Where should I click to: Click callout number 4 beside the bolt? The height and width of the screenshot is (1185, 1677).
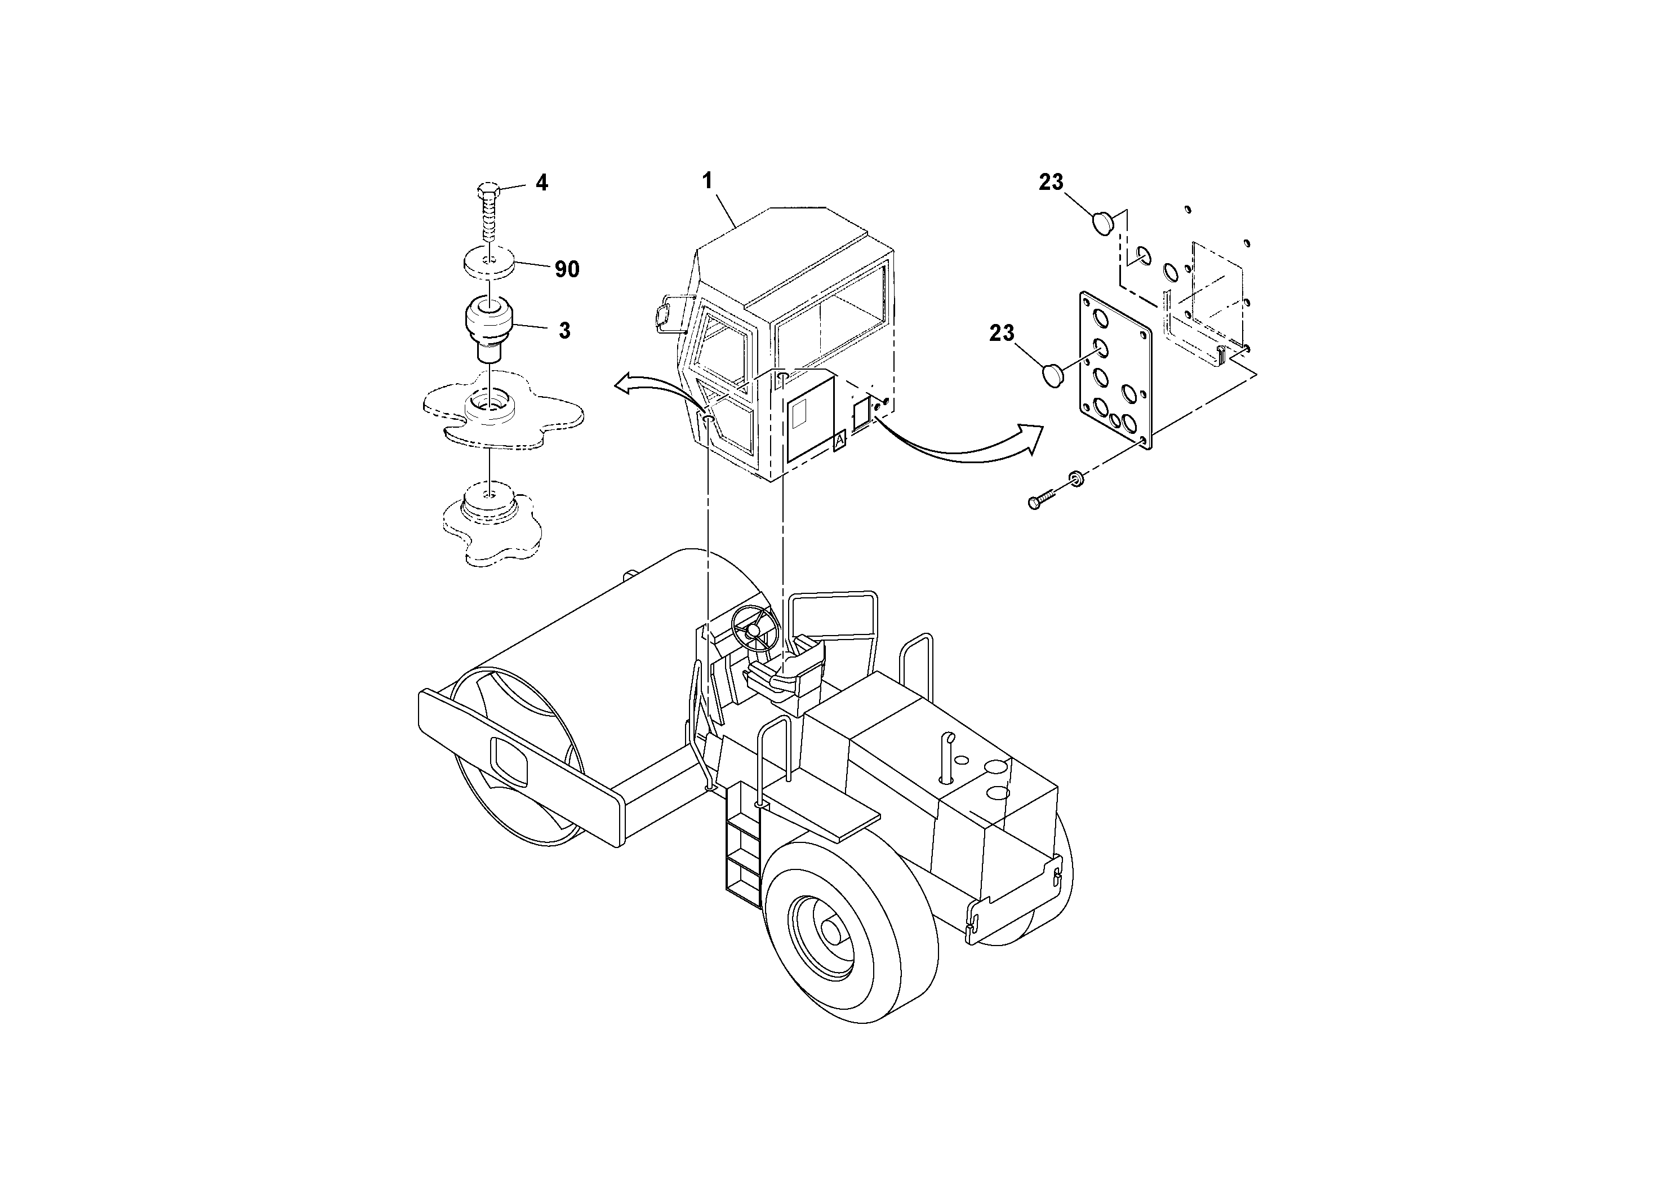541,183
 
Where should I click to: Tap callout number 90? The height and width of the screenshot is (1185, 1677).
567,269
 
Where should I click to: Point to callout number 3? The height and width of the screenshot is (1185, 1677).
564,330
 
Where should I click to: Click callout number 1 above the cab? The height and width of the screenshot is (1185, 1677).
707,180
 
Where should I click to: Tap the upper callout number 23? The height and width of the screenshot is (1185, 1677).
1051,182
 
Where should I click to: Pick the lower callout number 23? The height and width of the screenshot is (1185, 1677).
1002,333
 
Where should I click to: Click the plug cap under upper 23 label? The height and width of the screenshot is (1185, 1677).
1102,221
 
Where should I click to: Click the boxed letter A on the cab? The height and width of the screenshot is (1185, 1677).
839,441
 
